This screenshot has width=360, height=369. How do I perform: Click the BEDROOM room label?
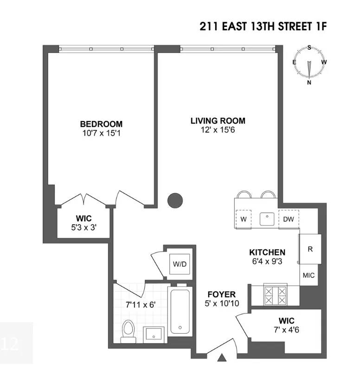101,124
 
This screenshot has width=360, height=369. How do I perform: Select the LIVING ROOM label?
218,121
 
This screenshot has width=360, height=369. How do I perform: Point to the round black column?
174,200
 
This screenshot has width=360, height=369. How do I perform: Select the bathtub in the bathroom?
180,311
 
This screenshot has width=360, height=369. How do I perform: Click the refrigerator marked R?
310,248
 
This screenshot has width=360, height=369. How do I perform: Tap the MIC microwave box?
309,275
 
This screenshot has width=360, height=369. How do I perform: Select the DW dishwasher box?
288,219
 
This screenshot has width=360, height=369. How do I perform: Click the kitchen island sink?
267,219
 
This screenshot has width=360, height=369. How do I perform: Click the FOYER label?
221,294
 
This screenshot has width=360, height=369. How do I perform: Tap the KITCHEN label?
267,252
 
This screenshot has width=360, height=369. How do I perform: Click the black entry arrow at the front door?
222,357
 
